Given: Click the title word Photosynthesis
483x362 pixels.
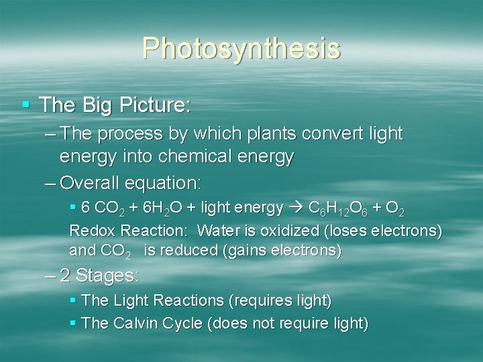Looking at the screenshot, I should click(x=241, y=48).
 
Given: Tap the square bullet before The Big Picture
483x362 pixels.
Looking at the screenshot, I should click(x=26, y=105).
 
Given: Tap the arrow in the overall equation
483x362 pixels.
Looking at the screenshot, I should click(x=296, y=209).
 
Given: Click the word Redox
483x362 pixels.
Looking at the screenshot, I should click(x=91, y=231).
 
